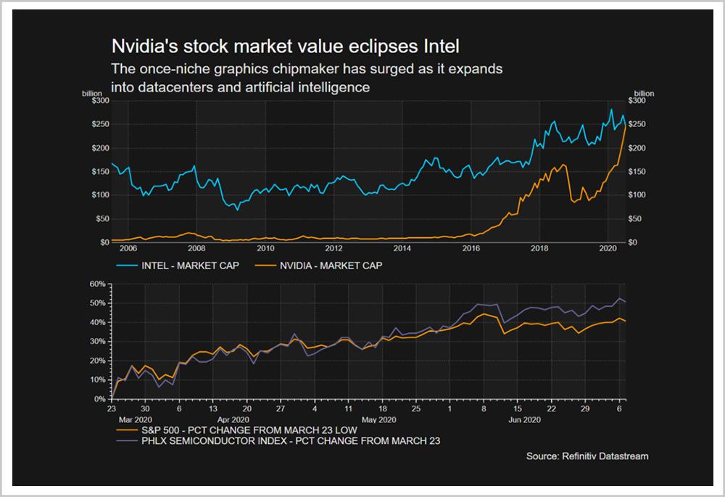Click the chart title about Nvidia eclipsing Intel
284,48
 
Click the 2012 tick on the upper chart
334,248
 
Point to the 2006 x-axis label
128,248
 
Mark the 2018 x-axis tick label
540,248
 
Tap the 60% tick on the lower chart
98,284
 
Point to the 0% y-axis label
100,399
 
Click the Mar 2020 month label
135,420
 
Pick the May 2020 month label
378,420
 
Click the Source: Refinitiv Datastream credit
587,456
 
